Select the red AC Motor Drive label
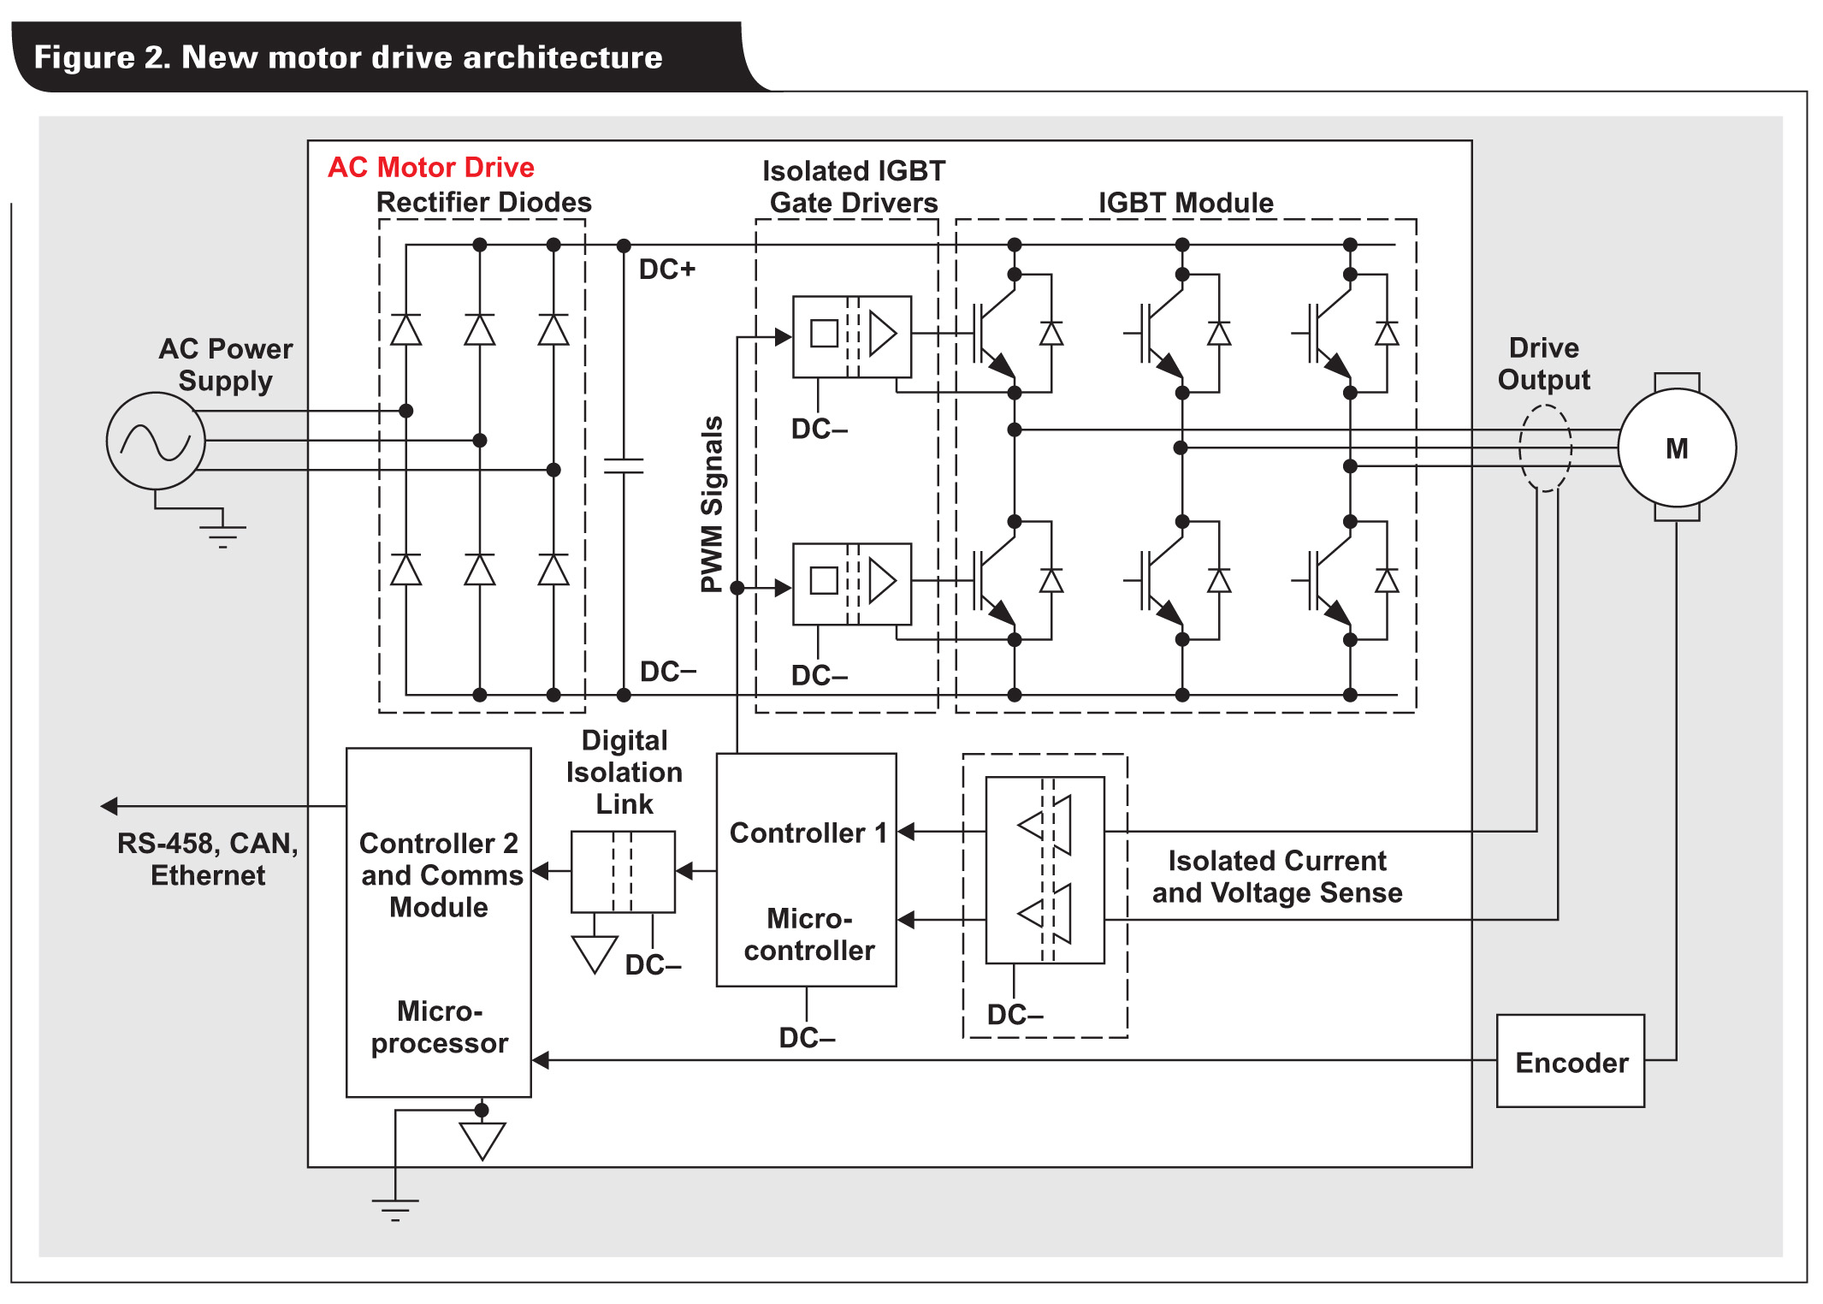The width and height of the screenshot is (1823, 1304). [431, 167]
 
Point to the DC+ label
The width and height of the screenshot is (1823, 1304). [667, 269]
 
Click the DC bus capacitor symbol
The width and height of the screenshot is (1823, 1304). [624, 465]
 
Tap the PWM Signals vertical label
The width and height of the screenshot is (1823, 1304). [712, 505]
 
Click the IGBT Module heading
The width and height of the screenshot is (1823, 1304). [1186, 203]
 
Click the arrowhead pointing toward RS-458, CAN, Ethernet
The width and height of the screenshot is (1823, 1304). [109, 806]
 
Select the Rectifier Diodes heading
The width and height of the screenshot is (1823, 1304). [484, 202]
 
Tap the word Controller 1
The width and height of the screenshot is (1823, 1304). [808, 833]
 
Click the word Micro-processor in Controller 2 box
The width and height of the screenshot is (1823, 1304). [440, 1027]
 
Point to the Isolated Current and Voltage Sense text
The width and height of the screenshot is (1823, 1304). [1277, 876]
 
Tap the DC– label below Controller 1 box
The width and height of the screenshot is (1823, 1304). [807, 1038]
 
